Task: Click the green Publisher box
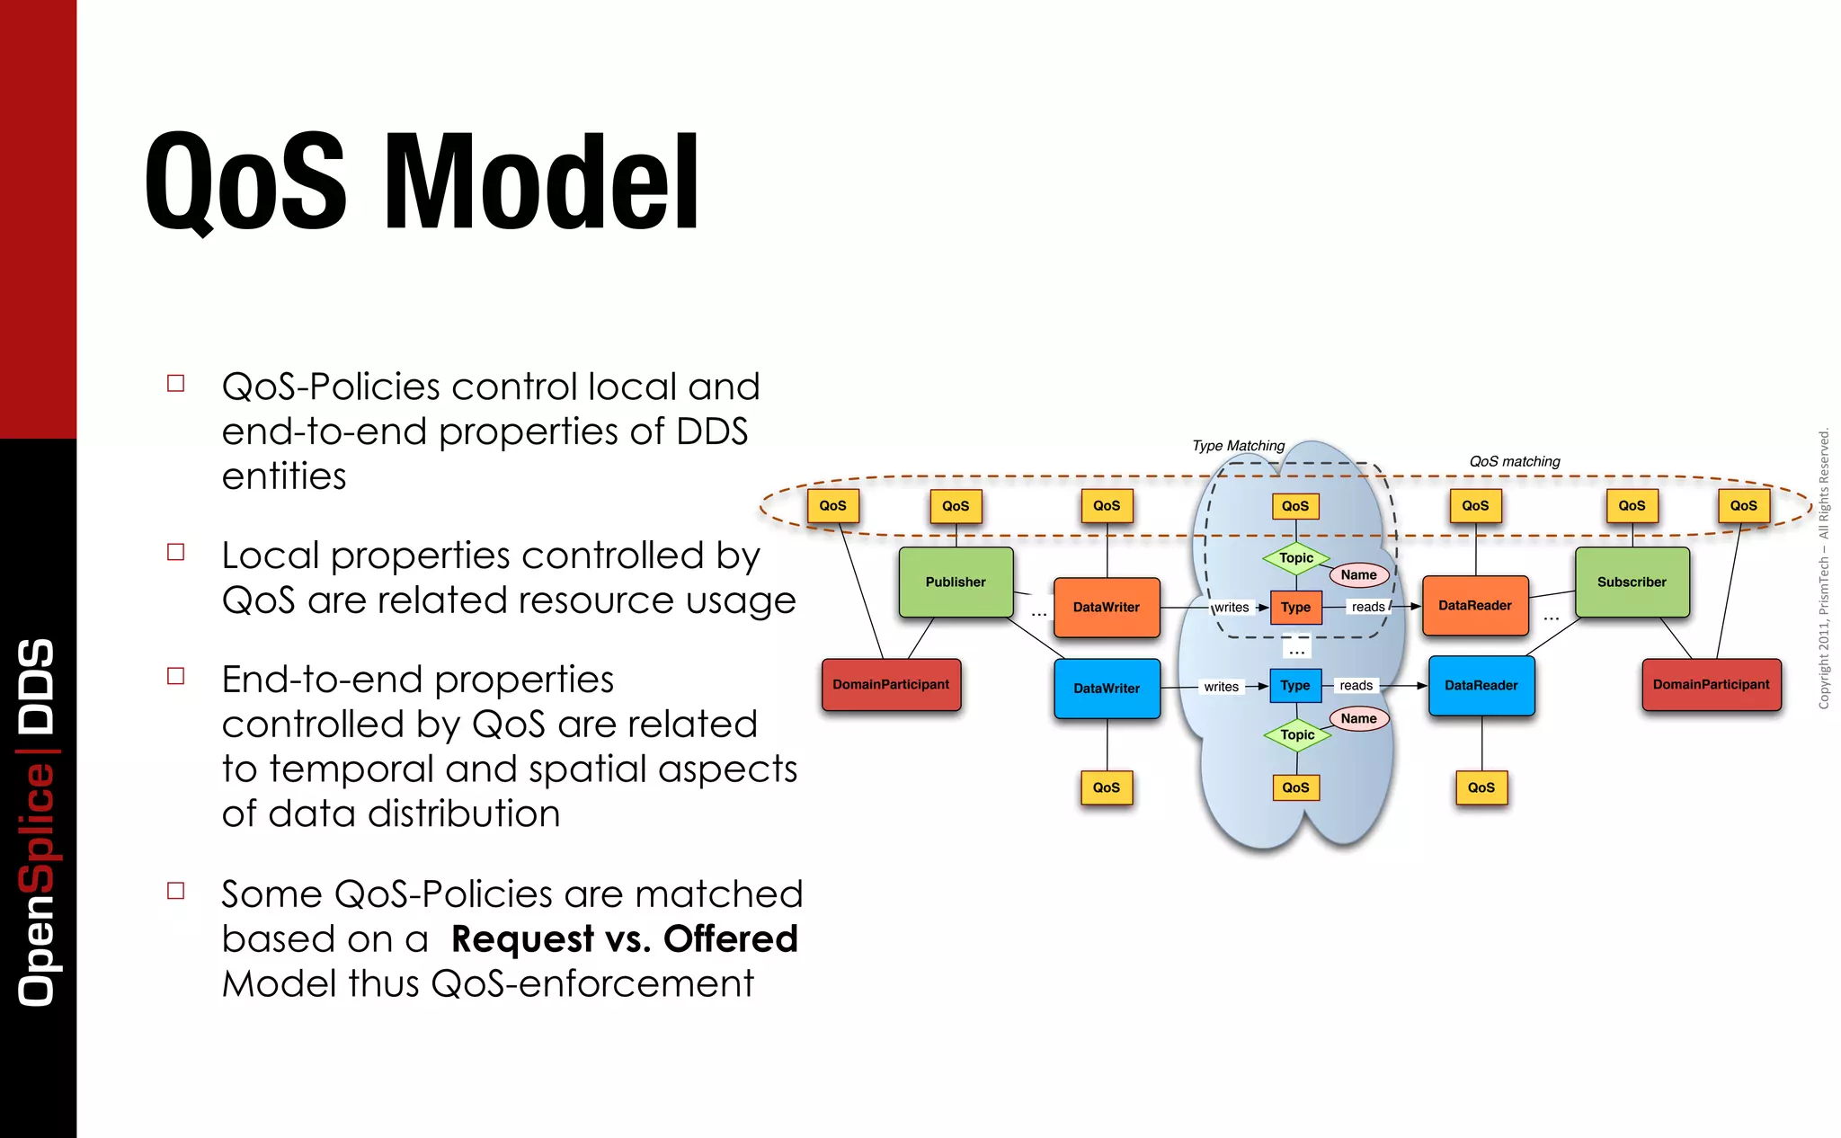tap(956, 582)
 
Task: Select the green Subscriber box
tap(1632, 582)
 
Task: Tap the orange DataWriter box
tap(1106, 607)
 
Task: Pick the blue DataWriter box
tap(1106, 688)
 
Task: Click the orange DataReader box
tap(1474, 605)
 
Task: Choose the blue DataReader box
tap(1481, 685)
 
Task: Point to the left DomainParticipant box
tap(890, 684)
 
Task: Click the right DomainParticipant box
tap(1711, 684)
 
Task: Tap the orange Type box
tap(1295, 607)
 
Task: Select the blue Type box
tap(1294, 685)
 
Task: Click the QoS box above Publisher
tap(956, 506)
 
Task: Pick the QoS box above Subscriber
tap(1632, 506)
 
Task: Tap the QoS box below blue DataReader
tap(1481, 787)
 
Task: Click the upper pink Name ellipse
tap(1358, 574)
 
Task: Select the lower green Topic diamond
tap(1297, 734)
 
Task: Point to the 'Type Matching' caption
tap(1238, 446)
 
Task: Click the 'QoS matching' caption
tap(1515, 461)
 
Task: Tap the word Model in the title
tap(542, 182)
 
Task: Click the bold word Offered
tap(730, 938)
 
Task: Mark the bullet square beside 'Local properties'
tap(176, 552)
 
